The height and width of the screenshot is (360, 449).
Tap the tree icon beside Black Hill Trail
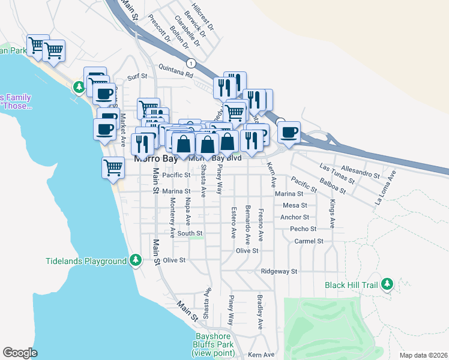[x=387, y=284]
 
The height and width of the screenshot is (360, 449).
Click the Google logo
[x=20, y=353]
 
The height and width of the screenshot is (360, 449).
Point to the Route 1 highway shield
[x=191, y=62]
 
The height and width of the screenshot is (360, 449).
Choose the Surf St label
[x=138, y=77]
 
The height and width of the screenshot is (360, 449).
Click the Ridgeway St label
[x=279, y=271]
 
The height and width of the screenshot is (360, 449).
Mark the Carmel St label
[x=309, y=241]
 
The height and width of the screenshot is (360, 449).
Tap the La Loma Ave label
[x=385, y=188]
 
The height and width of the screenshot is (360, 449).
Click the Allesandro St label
[x=360, y=172]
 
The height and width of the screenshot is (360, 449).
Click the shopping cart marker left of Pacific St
[x=113, y=167]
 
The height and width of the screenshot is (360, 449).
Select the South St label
[x=190, y=233]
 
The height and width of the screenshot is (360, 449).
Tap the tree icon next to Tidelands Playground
[x=136, y=260]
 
